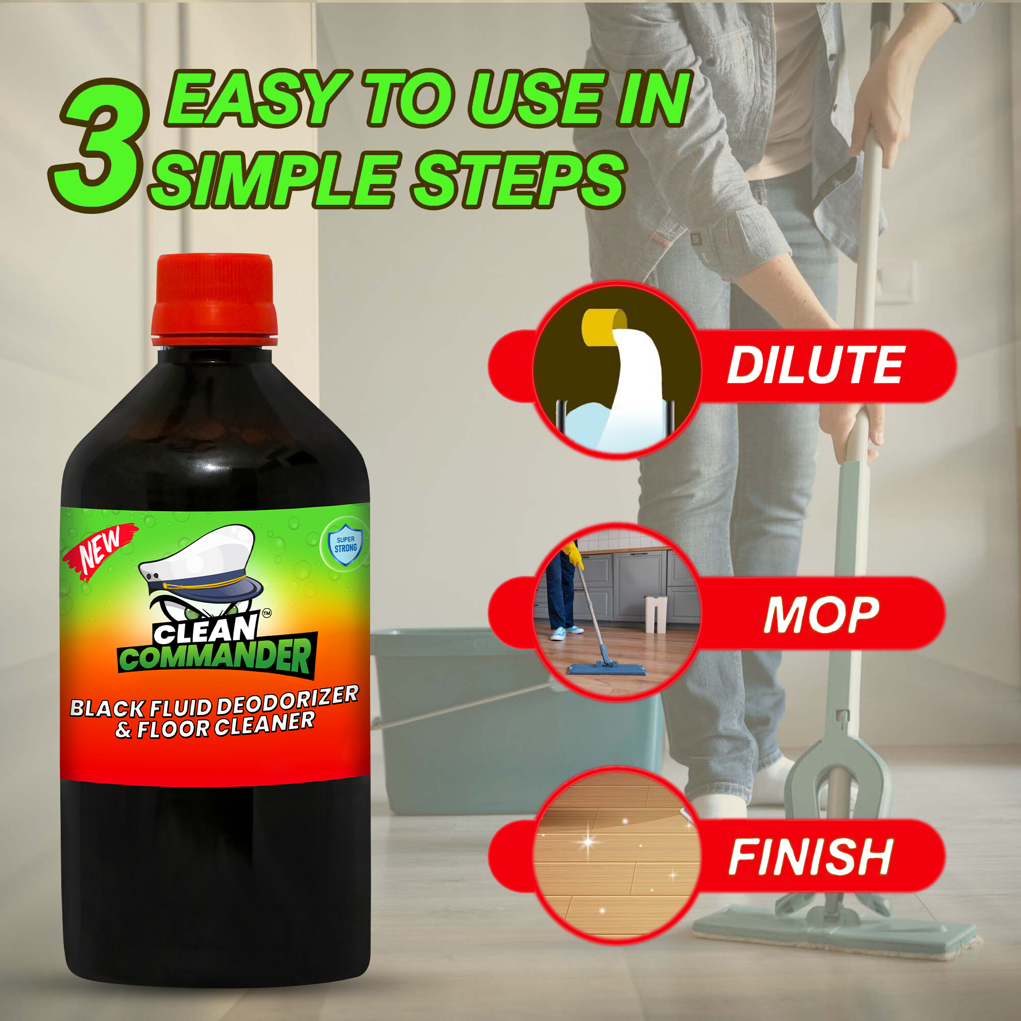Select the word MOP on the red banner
point(821,615)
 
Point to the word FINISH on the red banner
point(811,857)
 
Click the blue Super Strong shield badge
point(345,544)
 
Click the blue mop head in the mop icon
point(606,669)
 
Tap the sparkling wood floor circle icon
point(616,856)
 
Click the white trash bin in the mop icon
point(655,614)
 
